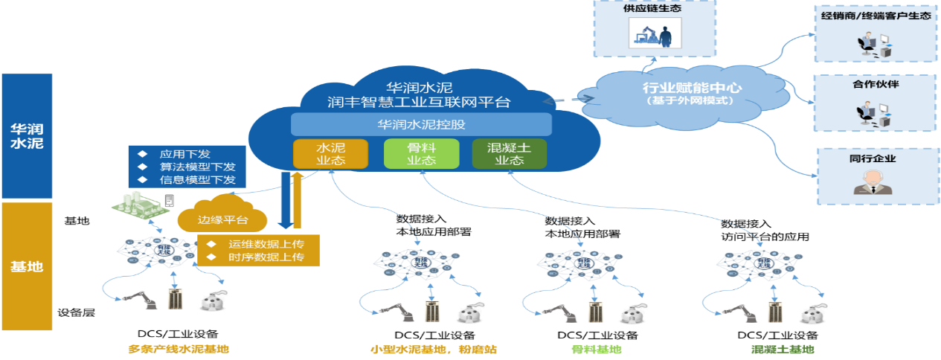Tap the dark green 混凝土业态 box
[510, 153]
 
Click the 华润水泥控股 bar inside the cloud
[421, 124]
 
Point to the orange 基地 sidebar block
[27, 266]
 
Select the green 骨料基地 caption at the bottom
[586, 349]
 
